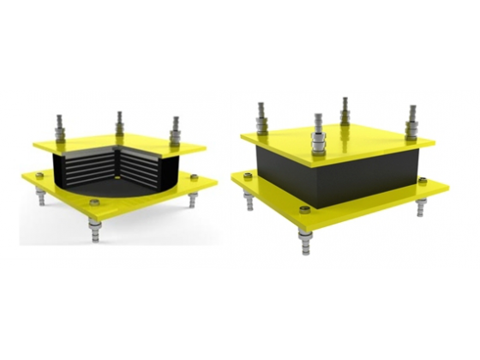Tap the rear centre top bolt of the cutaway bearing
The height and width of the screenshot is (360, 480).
tap(119, 120)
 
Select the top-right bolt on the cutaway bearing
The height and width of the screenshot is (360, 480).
tap(176, 129)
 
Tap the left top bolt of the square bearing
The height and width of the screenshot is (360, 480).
tap(262, 117)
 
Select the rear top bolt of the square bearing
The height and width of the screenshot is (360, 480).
tap(345, 109)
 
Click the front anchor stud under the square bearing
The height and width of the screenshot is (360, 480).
tap(306, 243)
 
